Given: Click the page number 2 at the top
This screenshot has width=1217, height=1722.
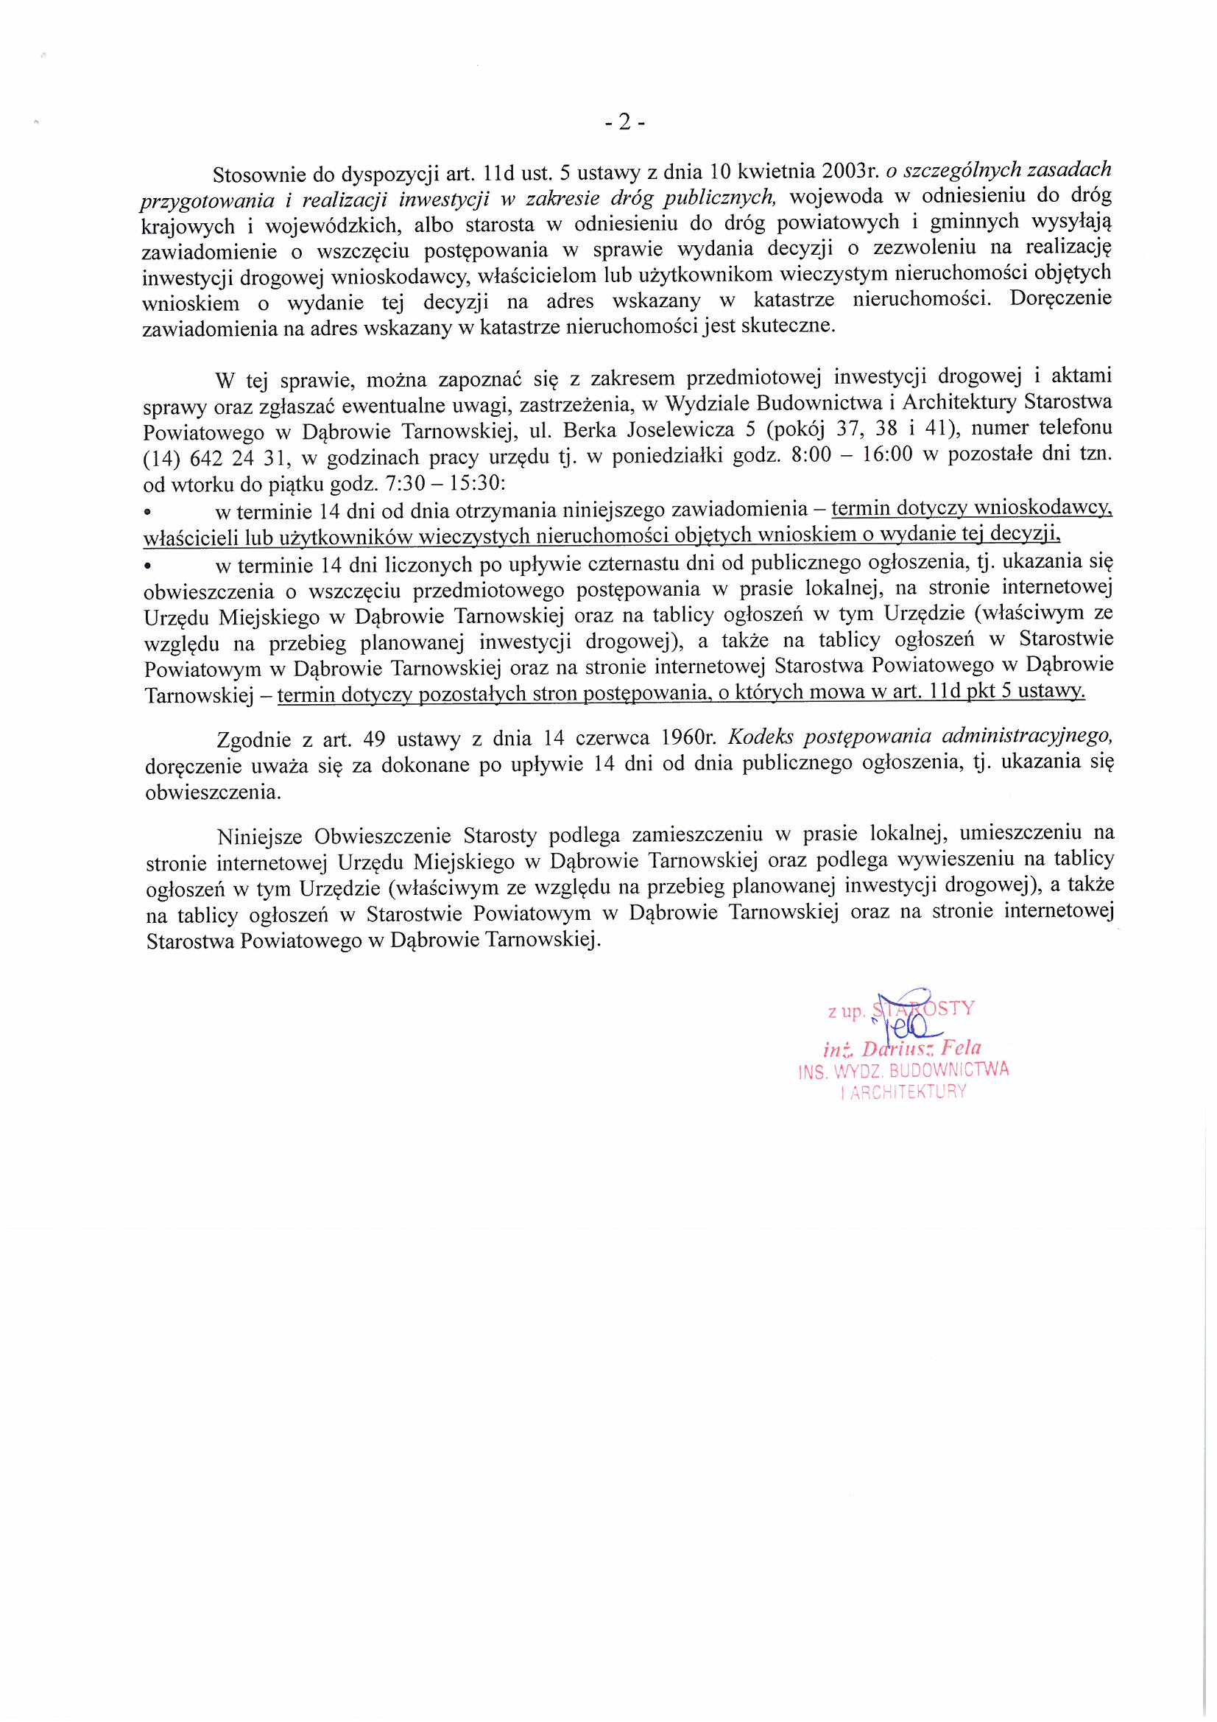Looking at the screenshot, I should (x=624, y=123).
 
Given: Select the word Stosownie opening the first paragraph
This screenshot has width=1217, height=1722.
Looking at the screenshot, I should (x=259, y=175).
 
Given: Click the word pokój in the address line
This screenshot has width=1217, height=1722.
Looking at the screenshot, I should (x=795, y=429).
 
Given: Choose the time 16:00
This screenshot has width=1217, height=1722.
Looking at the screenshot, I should (x=887, y=455).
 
